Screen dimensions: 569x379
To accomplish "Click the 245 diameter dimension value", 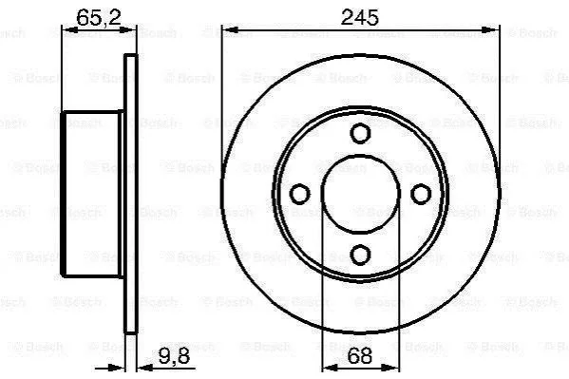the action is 359,17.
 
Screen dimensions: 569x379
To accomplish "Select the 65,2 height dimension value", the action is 99,17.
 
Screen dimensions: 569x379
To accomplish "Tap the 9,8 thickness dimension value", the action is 174,356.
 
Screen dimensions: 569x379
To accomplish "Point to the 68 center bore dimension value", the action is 360,356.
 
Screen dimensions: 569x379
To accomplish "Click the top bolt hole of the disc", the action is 360,133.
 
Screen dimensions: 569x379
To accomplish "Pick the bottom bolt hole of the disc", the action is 360,255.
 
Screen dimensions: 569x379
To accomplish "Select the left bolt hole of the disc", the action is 300,194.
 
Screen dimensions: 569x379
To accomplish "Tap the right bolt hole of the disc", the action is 421,194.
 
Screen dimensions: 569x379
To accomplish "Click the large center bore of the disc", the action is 360,194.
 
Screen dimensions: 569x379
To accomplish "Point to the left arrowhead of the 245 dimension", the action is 229,29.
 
